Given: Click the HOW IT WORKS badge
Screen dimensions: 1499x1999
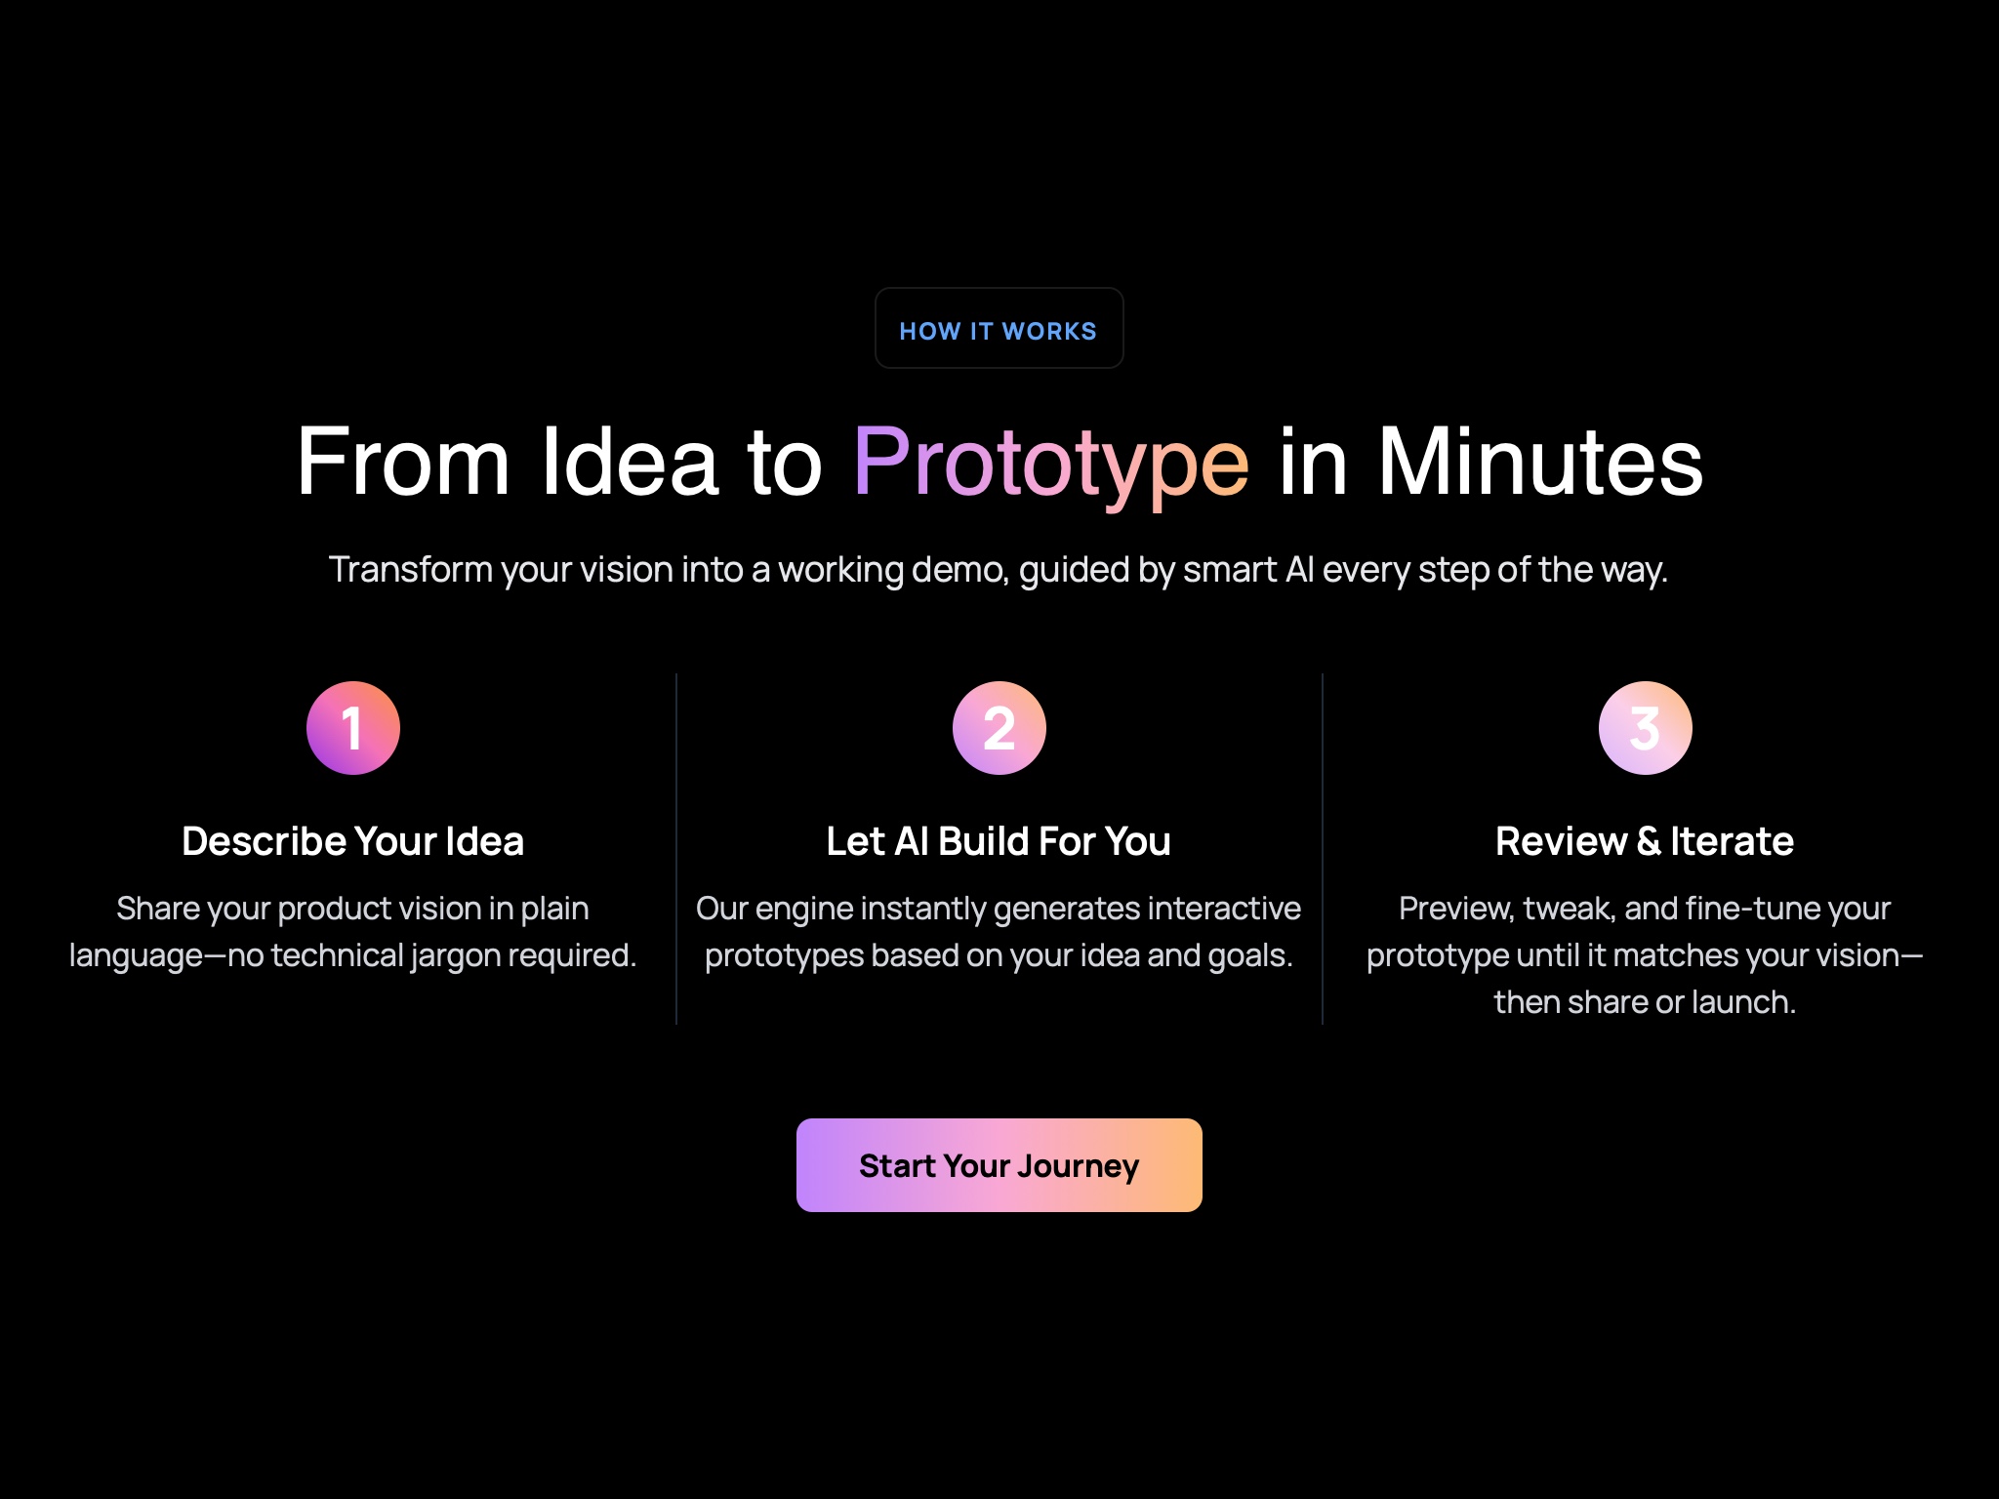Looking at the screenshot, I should point(999,329).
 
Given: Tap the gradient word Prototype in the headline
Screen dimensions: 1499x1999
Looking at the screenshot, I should point(1050,463).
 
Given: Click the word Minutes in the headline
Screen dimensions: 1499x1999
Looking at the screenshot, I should point(1539,463).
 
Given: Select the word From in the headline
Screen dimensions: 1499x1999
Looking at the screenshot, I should point(402,463).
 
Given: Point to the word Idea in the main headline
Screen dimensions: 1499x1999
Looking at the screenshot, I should point(630,463).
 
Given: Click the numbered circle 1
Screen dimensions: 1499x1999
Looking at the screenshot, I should point(353,728).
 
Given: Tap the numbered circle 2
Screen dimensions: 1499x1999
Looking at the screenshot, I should point(999,728).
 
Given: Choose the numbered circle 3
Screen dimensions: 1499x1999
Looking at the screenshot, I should point(1645,728).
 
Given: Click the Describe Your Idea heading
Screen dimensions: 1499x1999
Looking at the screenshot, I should point(353,841).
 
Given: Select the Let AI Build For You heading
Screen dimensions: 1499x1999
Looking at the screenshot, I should point(999,841).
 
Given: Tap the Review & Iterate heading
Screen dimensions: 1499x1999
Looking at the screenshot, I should point(1645,841).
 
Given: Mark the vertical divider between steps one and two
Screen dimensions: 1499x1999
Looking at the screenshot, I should point(676,849).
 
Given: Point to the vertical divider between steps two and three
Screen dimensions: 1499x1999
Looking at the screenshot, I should point(1323,849).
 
